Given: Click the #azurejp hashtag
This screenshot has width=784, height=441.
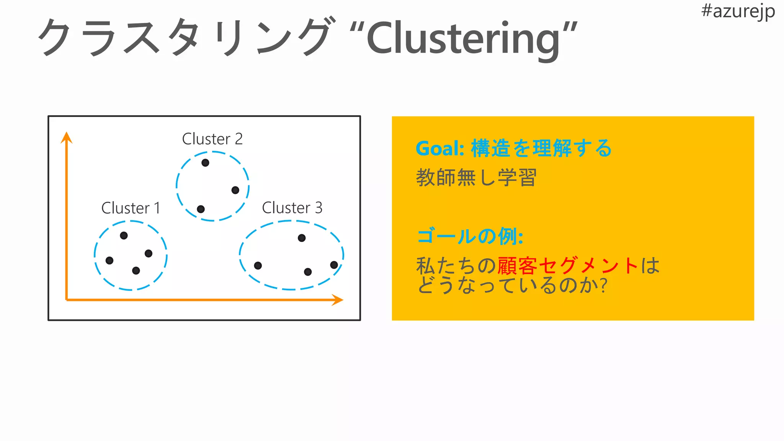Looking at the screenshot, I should point(738,11).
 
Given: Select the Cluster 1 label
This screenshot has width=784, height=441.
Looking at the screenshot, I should point(131,208).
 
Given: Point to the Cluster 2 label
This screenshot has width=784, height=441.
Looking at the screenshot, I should point(212,139).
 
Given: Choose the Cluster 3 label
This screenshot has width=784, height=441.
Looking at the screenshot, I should point(292,207).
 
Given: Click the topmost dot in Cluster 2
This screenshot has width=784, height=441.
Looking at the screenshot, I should point(205,163).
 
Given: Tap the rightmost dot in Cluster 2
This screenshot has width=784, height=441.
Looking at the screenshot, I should point(235,190).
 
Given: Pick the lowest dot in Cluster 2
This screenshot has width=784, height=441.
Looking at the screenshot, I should point(201,209).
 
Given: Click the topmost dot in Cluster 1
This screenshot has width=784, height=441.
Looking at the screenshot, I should point(124,235).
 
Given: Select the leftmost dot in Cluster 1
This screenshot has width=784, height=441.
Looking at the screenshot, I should point(109,260).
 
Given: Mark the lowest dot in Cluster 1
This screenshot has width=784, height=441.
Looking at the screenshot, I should point(136,271).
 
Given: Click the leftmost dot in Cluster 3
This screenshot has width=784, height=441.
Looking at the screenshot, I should point(258,265).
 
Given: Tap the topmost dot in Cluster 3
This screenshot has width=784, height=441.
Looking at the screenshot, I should point(302,238).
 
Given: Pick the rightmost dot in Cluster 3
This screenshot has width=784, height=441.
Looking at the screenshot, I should point(334,265).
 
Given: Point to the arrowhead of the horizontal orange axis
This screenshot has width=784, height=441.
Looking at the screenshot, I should point(337,300).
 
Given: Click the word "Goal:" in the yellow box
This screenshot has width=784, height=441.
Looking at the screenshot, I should point(440,149).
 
